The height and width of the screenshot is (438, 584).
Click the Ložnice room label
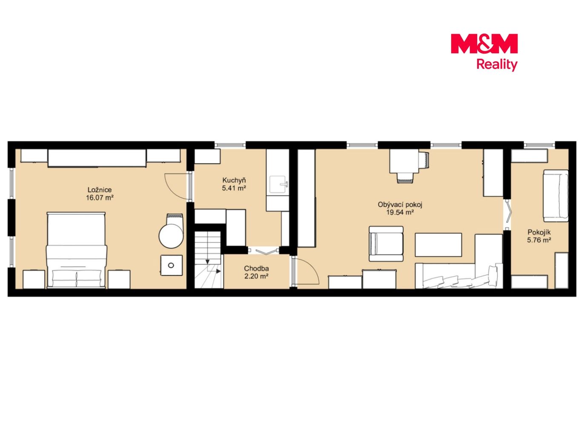tap(100, 190)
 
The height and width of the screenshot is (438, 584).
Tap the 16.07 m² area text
tap(100, 198)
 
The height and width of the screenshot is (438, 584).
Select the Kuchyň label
tap(234, 180)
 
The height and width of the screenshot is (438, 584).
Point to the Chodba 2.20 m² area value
tap(256, 276)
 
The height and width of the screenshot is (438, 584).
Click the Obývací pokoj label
tap(400, 204)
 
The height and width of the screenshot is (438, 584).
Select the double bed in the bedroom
tap(77, 250)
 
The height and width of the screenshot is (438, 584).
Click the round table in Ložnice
tap(172, 236)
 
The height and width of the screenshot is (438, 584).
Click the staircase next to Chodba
tap(208, 260)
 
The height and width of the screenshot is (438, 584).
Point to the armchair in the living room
tap(386, 244)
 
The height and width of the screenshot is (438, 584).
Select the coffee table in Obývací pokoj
tap(438, 245)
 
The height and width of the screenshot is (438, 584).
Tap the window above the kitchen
tap(230, 145)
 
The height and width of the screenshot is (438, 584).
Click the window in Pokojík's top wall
tap(540, 145)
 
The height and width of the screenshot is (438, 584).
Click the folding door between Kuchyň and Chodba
tap(263, 251)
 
